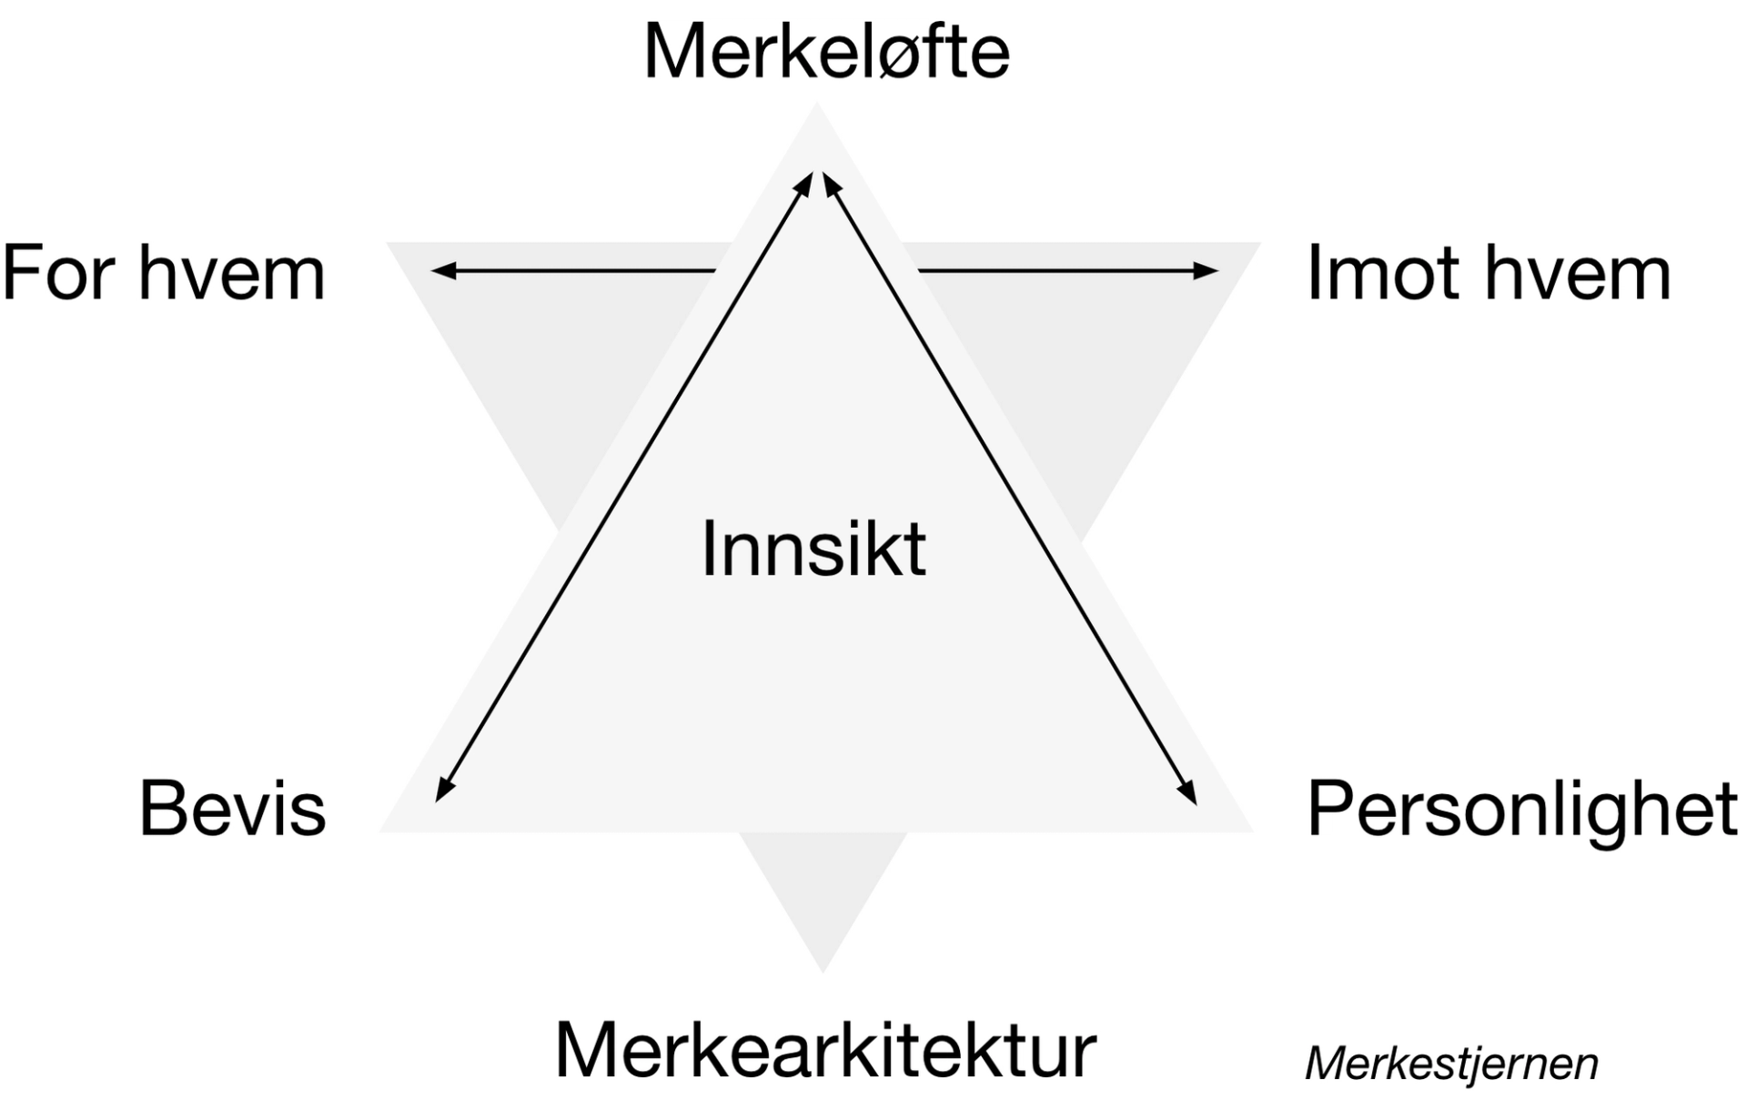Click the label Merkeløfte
tap(826, 52)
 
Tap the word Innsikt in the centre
tap(813, 549)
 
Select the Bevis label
tap(232, 809)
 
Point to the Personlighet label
tap(1521, 809)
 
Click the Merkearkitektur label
tap(825, 1051)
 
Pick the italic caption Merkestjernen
tap(1451, 1064)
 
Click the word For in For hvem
tap(58, 273)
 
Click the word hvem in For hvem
tap(232, 273)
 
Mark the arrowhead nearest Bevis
tap(443, 790)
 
